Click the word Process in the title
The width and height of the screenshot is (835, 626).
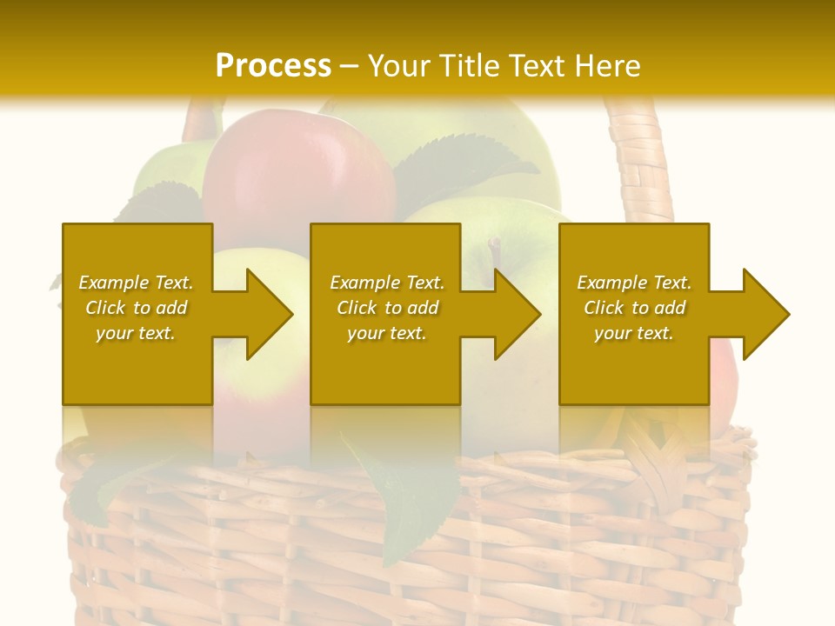pyautogui.click(x=273, y=65)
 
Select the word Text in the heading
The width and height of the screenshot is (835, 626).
pyautogui.click(x=537, y=65)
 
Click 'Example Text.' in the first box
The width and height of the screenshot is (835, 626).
pyautogui.click(x=136, y=283)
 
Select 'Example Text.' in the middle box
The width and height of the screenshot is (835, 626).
pyautogui.click(x=387, y=283)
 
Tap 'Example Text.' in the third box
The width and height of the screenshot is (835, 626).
pyautogui.click(x=634, y=283)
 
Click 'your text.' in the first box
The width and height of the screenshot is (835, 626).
pyautogui.click(x=136, y=333)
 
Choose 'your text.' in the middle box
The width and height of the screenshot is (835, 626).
pyautogui.click(x=387, y=333)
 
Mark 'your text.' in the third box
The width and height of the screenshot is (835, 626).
pyautogui.click(x=634, y=333)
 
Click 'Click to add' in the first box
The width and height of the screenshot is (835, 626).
pyautogui.click(x=136, y=308)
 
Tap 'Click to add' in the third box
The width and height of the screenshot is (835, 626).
pyautogui.click(x=634, y=308)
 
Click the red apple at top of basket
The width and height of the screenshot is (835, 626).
pyautogui.click(x=296, y=174)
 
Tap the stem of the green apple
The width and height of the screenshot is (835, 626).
pyautogui.click(x=495, y=252)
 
